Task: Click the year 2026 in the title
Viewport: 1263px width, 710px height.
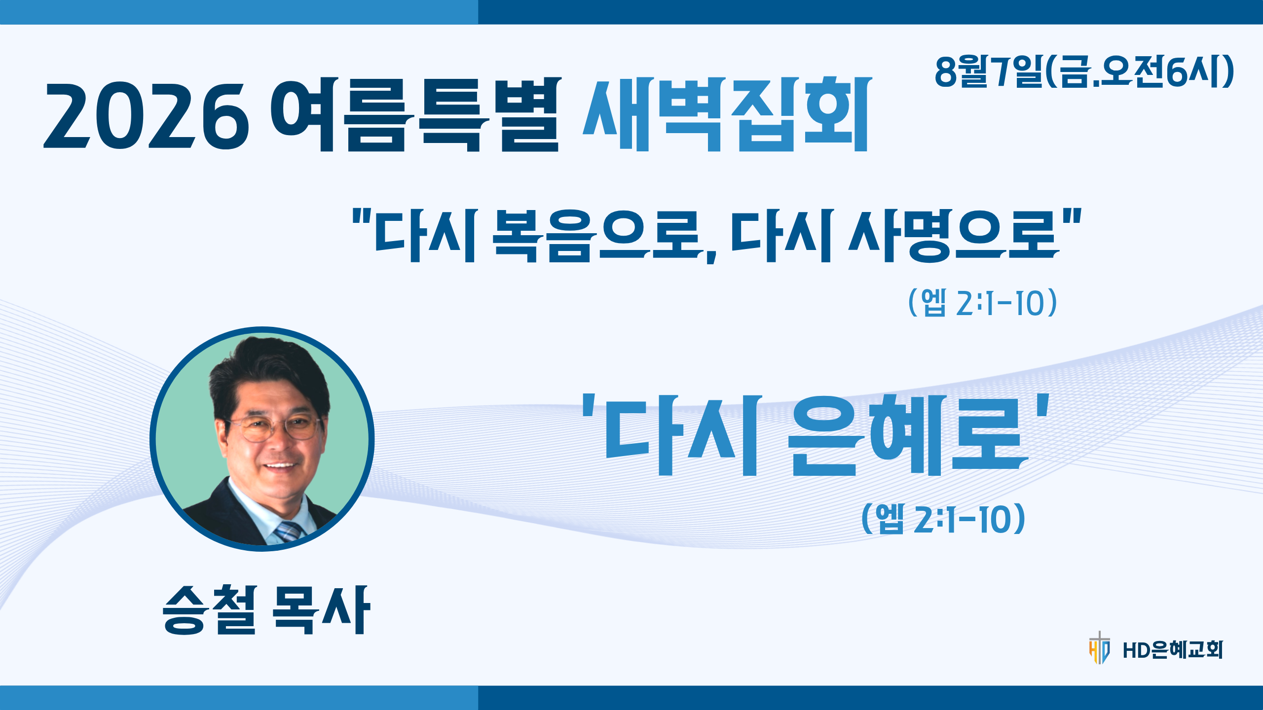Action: point(147,116)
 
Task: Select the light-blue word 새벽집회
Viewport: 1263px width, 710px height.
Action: point(727,114)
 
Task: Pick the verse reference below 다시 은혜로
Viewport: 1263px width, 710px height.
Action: point(943,518)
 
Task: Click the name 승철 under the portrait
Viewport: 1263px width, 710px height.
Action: point(210,609)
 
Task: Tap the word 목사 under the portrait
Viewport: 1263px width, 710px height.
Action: point(321,609)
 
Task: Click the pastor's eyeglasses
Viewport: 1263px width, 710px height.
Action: point(274,427)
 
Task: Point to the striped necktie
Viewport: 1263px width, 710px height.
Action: point(289,531)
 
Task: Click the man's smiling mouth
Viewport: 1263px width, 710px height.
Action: point(279,466)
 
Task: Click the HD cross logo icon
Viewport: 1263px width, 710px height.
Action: point(1099,648)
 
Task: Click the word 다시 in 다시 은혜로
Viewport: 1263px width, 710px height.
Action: point(680,435)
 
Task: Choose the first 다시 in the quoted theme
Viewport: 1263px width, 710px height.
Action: point(425,236)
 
